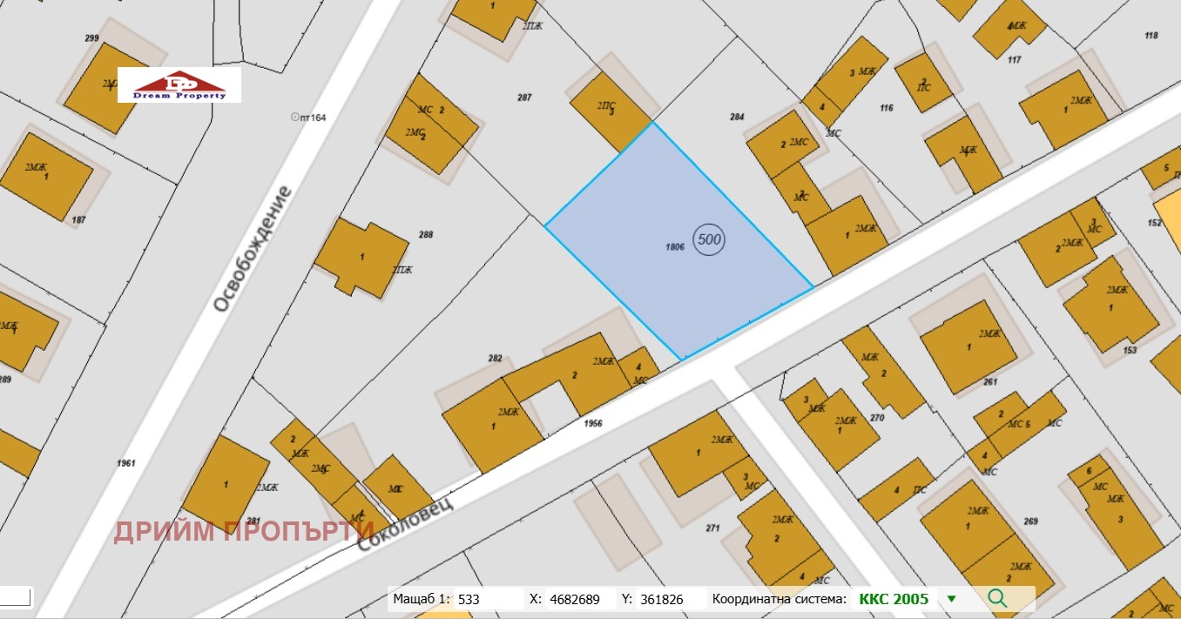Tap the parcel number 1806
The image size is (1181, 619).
pos(674,247)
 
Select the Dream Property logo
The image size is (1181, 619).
pos(179,85)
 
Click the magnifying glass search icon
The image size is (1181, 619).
pos(998,598)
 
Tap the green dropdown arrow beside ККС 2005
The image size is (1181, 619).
pos(951,599)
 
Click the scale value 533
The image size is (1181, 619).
pos(469,599)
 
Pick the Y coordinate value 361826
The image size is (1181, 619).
pos(661,599)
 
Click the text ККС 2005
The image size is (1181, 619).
pos(894,599)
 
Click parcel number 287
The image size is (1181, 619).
pos(524,98)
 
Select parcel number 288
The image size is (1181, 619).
pos(426,234)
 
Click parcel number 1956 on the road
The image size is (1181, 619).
pos(594,424)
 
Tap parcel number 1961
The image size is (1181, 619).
pos(126,463)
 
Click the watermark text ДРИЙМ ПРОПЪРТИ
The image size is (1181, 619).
pos(244,530)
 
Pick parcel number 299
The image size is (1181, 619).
pos(91,38)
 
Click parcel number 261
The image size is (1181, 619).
pos(989,382)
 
